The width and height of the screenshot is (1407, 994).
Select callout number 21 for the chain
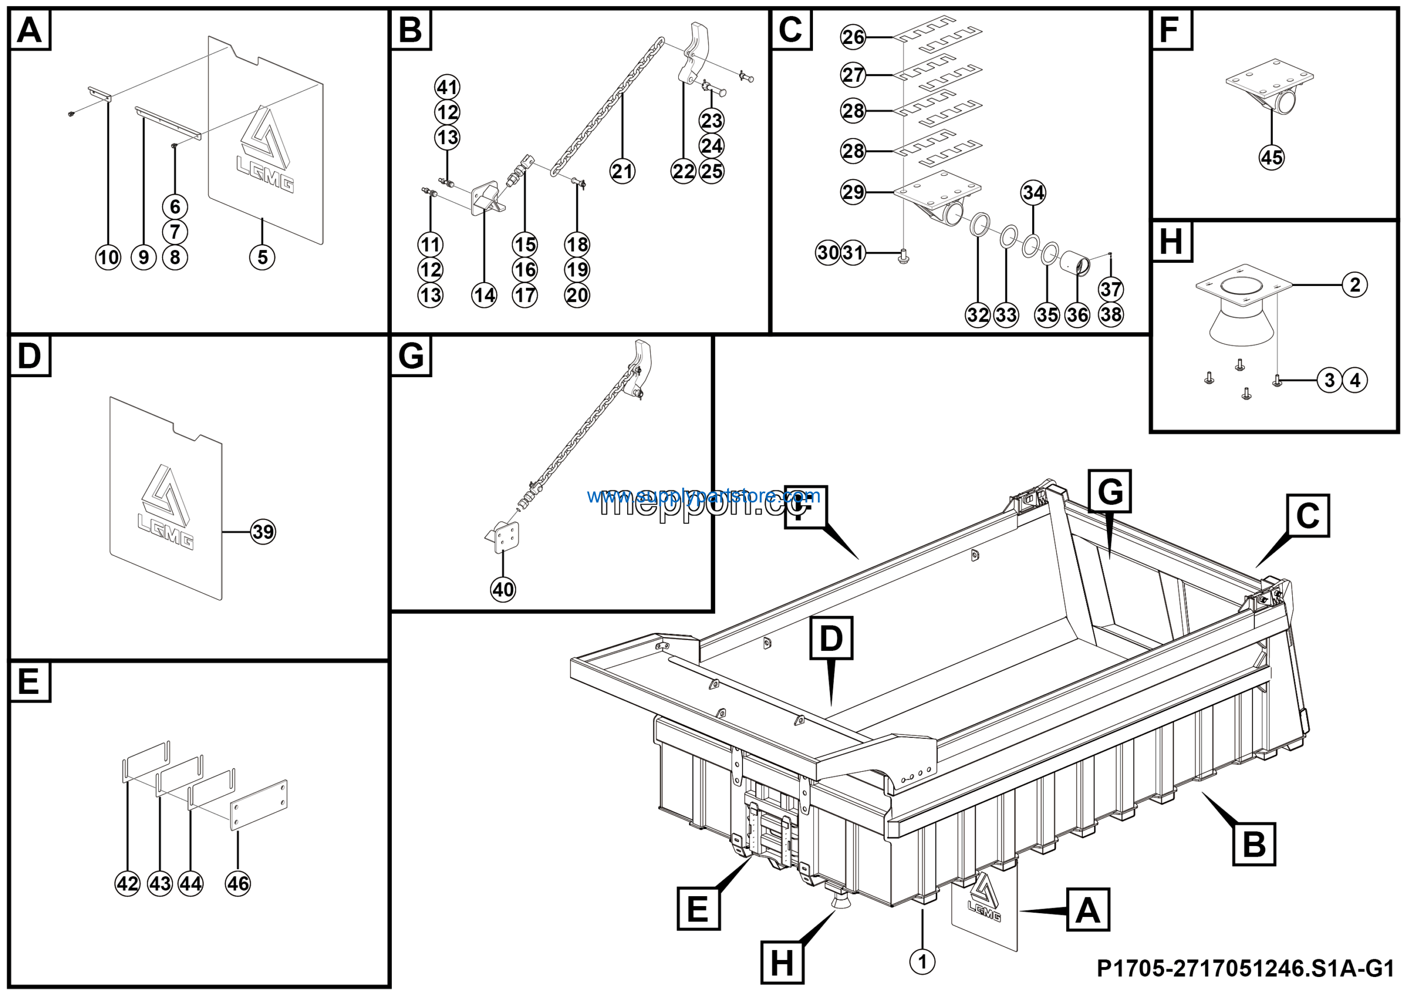[x=622, y=171]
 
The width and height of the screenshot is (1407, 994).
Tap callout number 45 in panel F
[x=1272, y=157]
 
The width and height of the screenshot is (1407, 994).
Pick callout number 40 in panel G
[x=503, y=589]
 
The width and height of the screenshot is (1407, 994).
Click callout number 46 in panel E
[x=238, y=883]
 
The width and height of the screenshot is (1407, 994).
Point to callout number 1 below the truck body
[x=922, y=962]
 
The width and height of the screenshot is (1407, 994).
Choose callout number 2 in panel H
[x=1355, y=284]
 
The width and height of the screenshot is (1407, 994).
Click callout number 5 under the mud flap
[x=262, y=257]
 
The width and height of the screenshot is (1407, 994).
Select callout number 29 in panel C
[x=853, y=192]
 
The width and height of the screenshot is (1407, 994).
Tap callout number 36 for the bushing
[x=1077, y=315]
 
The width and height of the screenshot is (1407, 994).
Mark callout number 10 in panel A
[x=108, y=257]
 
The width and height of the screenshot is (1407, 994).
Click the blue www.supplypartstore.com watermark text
[x=703, y=495]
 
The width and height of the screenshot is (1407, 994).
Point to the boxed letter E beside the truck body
[x=699, y=908]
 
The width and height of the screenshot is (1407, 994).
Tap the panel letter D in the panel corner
[x=30, y=356]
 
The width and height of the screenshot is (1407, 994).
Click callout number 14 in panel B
[x=484, y=295]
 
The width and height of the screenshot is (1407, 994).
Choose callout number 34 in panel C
[x=1033, y=192]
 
